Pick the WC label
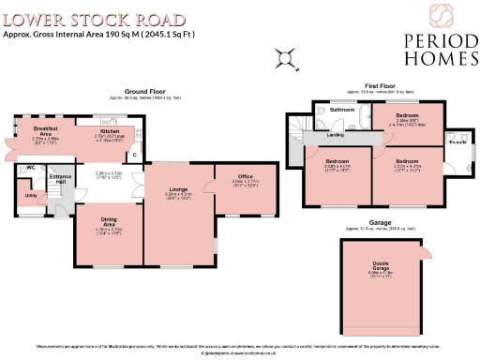[x=30, y=169]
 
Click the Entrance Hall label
[x=60, y=179]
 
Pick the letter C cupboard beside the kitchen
[x=134, y=155]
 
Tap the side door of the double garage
[x=427, y=253]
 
